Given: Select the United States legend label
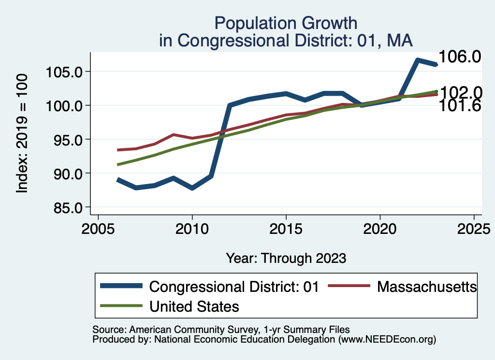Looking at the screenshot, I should pyautogui.click(x=194, y=306).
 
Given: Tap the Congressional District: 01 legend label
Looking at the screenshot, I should pyautogui.click(x=234, y=287).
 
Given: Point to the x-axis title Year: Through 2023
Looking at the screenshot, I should pyautogui.click(x=286, y=258).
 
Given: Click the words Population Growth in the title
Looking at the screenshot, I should pyautogui.click(x=286, y=23).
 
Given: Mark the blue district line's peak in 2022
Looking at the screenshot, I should pyautogui.click(x=417, y=60).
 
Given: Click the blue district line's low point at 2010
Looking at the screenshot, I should pyautogui.click(x=192, y=188).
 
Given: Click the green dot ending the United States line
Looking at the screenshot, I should pyautogui.click(x=436, y=91).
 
